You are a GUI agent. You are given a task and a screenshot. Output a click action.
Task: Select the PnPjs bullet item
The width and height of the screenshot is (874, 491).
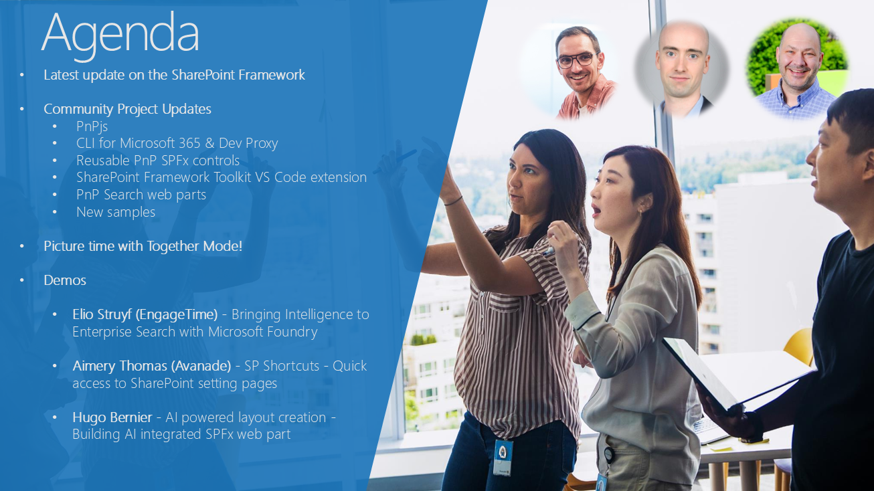pos(92,126)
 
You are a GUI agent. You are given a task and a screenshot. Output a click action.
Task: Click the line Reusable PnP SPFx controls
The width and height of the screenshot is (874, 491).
pos(158,161)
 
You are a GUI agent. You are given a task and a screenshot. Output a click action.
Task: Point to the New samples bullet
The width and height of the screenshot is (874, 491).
pos(116,212)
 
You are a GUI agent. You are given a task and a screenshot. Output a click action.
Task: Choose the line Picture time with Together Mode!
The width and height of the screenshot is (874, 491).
pos(143,246)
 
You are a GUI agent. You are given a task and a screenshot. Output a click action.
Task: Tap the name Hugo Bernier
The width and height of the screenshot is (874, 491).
pos(112,417)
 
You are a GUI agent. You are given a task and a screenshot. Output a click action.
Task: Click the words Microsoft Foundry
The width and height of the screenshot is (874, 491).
pos(262,332)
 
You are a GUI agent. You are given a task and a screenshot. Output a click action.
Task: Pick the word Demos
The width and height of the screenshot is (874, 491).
pos(65,280)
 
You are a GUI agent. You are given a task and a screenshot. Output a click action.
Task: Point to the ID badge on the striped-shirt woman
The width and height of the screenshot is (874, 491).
pos(503,457)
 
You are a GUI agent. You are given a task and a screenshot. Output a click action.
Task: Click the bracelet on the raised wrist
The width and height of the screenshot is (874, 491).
pos(453,201)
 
